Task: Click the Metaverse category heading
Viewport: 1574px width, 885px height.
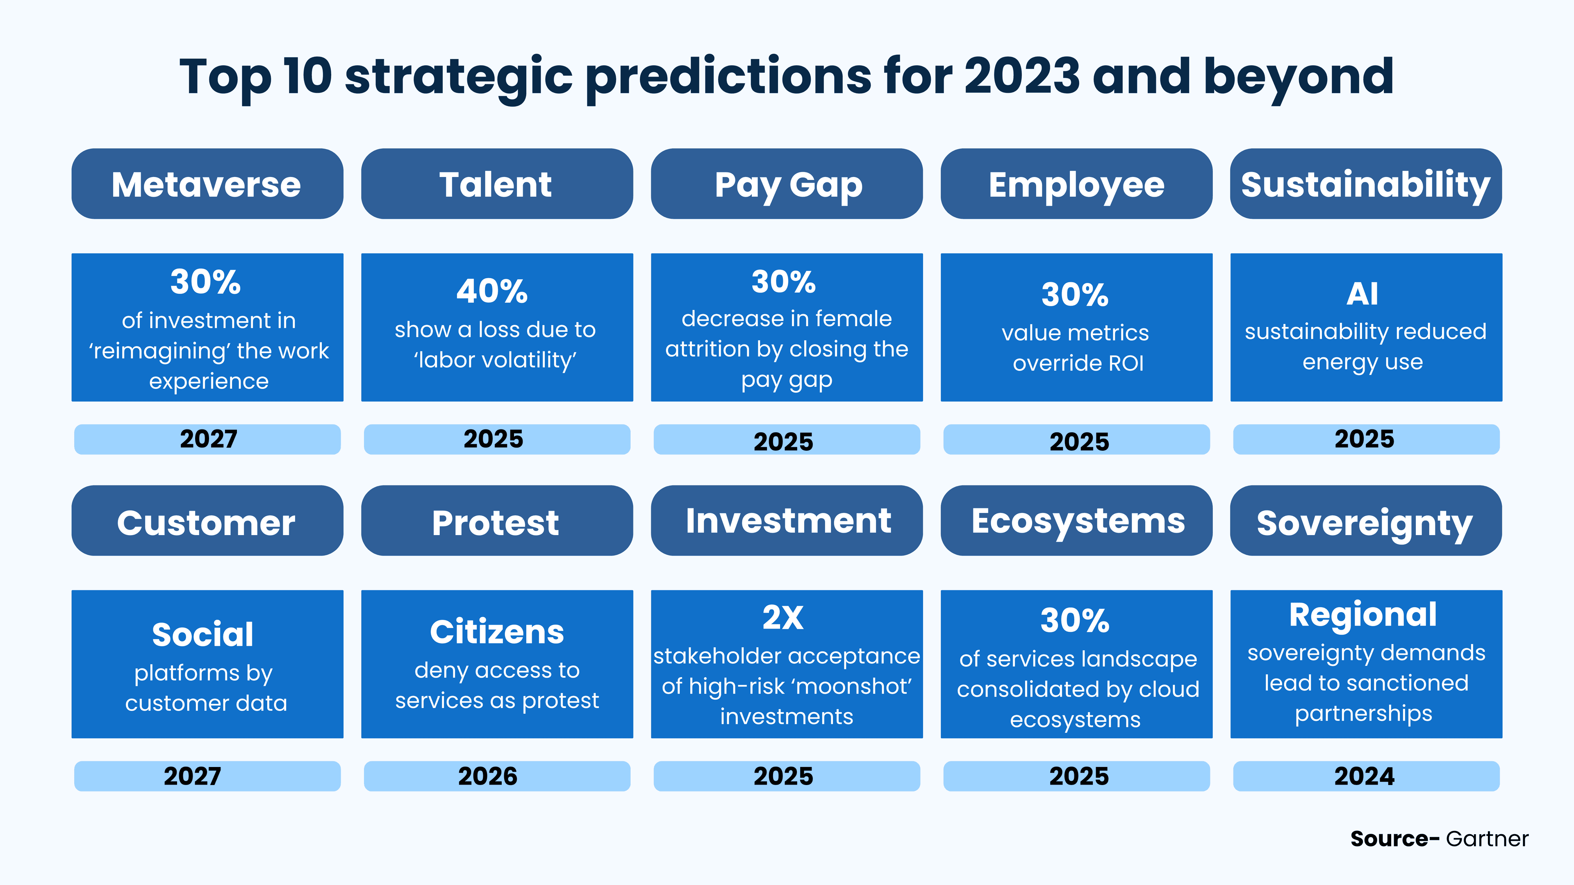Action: click(x=207, y=184)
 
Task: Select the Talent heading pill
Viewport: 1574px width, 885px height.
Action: click(x=496, y=184)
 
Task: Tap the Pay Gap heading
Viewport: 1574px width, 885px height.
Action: click(x=787, y=184)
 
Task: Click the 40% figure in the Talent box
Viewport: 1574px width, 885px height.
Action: click(x=492, y=291)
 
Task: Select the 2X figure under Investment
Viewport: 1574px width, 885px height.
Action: click(x=783, y=617)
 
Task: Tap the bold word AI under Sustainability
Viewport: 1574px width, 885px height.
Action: click(x=1362, y=294)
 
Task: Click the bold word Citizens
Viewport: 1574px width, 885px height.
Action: click(x=497, y=631)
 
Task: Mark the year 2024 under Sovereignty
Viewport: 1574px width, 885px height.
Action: click(x=1365, y=776)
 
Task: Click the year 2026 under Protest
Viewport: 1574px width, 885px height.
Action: click(x=488, y=776)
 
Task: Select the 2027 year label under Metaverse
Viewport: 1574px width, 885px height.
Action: click(x=208, y=438)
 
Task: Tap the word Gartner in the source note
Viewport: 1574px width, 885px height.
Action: click(x=1487, y=839)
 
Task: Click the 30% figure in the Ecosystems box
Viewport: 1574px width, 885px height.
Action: click(x=1075, y=621)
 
